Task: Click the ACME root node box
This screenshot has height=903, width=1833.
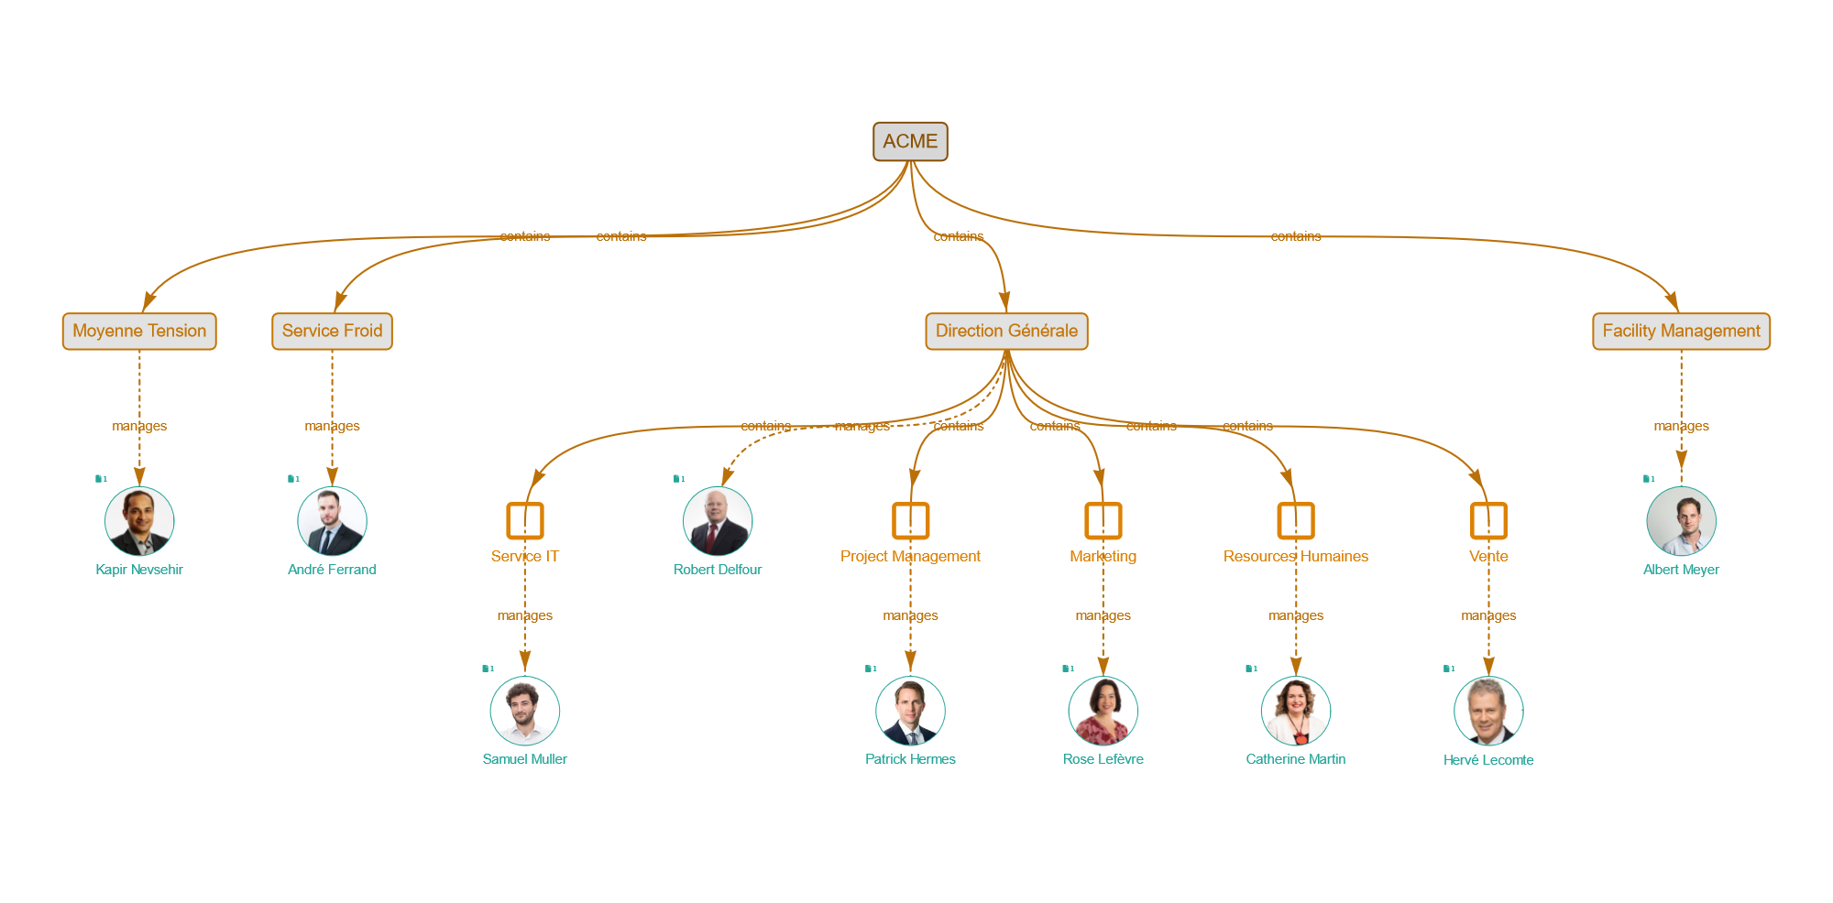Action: coord(910,142)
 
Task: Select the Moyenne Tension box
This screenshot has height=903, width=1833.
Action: coord(139,332)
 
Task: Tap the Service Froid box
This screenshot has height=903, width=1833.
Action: coord(332,332)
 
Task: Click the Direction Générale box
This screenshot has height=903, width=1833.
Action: coord(1006,332)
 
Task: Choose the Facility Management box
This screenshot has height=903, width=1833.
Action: coord(1681,332)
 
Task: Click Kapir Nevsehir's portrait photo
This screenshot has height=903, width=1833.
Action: coord(139,521)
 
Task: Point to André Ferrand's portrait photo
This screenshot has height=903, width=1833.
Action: coord(332,521)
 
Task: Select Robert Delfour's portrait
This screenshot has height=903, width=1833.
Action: coord(718,521)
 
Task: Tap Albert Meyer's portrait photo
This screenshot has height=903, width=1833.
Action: coord(1681,521)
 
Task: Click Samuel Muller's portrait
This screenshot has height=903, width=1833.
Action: coord(525,711)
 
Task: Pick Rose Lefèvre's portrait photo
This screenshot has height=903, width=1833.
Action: coord(1103,711)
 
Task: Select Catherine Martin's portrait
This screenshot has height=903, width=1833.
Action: coord(1296,711)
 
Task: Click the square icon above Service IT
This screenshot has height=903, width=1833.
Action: coord(525,520)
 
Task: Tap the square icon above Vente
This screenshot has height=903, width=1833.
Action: coord(1488,520)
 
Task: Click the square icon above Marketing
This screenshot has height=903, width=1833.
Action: coord(1103,520)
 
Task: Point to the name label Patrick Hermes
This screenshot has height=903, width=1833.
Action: coord(910,759)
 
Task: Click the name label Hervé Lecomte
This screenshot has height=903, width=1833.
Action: coord(1488,760)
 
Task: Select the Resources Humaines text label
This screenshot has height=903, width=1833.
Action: coord(1296,557)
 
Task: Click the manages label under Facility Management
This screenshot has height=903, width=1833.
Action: coord(1681,426)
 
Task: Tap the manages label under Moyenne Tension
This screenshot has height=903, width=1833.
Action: coord(139,426)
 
